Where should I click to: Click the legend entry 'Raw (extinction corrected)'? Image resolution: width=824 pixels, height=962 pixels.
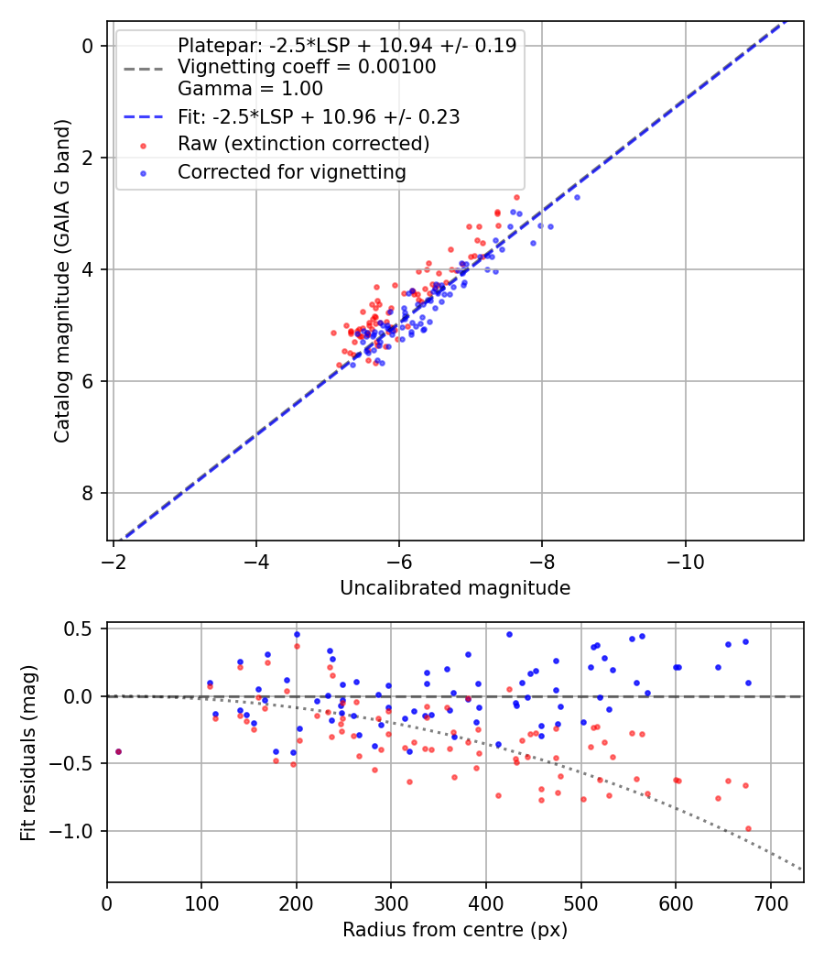(303, 144)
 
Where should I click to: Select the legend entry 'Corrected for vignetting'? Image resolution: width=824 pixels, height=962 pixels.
(291, 171)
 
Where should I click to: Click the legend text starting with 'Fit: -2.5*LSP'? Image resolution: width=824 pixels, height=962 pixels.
(319, 116)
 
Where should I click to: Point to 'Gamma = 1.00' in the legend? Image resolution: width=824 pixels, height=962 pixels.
(250, 89)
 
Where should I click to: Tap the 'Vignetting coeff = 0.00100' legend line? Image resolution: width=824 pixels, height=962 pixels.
(307, 67)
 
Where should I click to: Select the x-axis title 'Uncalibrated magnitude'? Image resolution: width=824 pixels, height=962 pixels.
(455, 588)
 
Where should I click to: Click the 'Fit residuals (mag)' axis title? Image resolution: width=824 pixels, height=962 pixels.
(29, 752)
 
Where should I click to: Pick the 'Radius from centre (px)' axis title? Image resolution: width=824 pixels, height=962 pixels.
(455, 930)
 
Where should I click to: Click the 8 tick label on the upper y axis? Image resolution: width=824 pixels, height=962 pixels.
(89, 493)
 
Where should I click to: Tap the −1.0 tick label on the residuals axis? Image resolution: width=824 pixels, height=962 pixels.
(77, 831)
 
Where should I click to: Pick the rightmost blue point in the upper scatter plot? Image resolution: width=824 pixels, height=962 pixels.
(577, 197)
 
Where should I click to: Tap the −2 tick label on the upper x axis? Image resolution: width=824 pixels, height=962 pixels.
(114, 560)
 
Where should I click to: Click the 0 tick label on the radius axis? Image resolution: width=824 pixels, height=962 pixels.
(107, 902)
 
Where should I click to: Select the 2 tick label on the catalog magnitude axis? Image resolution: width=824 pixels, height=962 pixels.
(89, 158)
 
